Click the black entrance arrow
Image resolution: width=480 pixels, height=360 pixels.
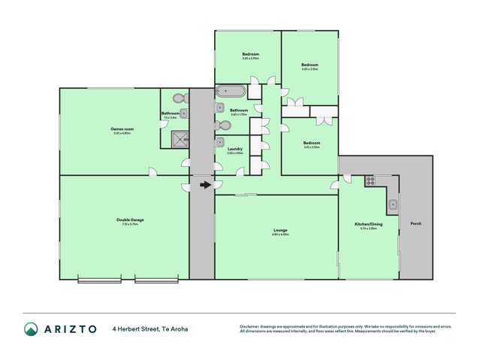[x=205, y=183]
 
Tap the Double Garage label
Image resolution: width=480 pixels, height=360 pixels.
[x=130, y=219]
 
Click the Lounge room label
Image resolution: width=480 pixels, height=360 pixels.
[x=279, y=230]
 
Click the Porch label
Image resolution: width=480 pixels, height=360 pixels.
[x=415, y=224]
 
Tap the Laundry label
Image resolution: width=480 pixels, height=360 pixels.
[x=234, y=149]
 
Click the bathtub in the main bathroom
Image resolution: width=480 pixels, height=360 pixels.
[x=230, y=91]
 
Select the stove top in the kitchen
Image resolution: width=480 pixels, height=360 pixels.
[x=370, y=180]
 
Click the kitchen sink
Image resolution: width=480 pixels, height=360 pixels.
[x=392, y=204]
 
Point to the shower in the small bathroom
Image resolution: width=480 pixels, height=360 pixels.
[x=180, y=138]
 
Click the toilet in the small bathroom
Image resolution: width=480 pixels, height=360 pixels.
[x=179, y=98]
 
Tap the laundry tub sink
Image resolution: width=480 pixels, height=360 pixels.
[x=220, y=141]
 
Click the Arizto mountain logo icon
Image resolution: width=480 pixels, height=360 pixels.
[x=31, y=328]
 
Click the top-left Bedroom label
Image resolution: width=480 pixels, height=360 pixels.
[x=251, y=54]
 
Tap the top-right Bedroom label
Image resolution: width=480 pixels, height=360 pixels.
[x=309, y=65]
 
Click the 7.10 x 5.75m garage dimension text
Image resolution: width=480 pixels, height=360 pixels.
[x=130, y=224]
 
